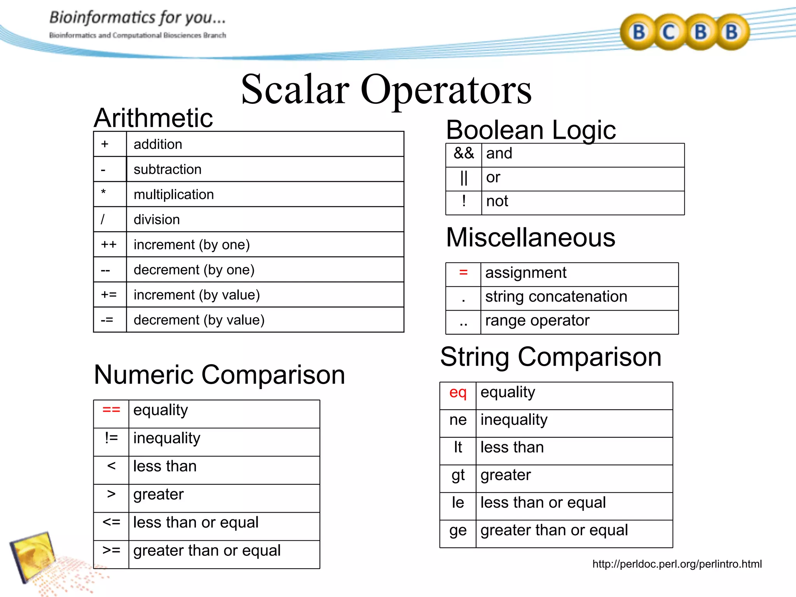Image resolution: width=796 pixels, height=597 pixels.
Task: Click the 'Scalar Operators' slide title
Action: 386,90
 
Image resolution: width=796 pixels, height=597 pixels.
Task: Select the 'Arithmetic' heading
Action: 154,118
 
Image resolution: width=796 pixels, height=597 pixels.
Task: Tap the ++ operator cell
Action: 109,244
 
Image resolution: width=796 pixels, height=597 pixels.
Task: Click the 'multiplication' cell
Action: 174,194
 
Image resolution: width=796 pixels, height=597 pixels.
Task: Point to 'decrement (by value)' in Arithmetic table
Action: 199,320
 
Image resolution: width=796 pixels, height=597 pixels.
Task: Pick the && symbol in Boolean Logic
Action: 464,154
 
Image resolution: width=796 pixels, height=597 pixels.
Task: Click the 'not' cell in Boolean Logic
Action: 497,201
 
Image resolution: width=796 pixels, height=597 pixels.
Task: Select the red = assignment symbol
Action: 463,272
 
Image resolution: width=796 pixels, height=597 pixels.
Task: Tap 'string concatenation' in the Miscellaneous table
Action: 556,297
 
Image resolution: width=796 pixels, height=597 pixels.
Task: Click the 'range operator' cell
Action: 537,321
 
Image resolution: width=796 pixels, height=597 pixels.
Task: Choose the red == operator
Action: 111,410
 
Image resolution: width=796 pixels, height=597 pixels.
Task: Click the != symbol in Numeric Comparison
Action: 111,438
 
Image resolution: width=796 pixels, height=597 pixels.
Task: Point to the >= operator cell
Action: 111,550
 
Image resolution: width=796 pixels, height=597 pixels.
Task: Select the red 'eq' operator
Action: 458,393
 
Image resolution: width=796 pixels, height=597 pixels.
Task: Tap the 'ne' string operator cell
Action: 458,420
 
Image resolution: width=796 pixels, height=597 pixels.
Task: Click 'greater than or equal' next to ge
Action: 554,530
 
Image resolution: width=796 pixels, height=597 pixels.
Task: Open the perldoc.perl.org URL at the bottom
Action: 677,564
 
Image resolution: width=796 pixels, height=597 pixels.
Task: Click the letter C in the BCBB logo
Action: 669,32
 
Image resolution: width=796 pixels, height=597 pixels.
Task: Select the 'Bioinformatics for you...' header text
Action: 137,18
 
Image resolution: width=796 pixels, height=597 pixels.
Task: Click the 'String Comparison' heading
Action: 551,357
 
